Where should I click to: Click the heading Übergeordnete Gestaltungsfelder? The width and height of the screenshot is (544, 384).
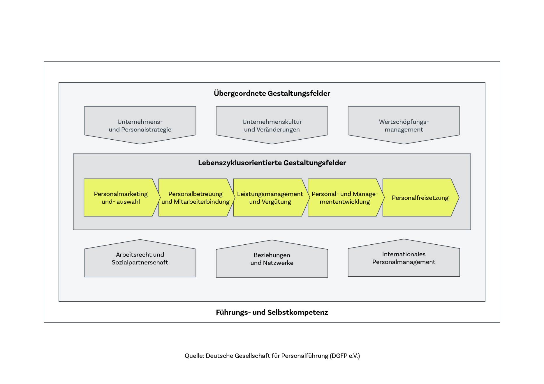(x=272, y=93)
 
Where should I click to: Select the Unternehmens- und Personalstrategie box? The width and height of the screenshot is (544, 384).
(x=140, y=125)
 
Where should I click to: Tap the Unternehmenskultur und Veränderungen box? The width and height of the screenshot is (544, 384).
(x=272, y=125)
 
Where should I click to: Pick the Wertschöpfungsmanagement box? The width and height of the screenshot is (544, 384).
(x=404, y=125)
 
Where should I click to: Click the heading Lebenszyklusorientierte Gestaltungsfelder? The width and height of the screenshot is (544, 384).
(x=272, y=163)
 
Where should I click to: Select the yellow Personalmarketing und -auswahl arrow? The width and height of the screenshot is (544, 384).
(x=121, y=198)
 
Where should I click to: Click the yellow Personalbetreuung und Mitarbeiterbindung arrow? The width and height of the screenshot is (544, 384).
(x=195, y=198)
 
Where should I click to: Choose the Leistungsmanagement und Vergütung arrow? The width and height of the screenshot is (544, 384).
(x=270, y=198)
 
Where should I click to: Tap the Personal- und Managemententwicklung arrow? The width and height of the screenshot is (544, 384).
(x=344, y=198)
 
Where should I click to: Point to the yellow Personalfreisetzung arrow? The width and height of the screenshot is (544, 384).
(x=420, y=198)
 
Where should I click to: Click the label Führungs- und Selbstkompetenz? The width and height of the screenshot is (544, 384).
(x=272, y=312)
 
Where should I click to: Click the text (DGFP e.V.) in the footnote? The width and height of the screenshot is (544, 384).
(x=345, y=356)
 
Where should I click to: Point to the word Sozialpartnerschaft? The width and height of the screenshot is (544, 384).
(x=140, y=262)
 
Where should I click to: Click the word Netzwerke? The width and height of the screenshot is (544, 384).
(x=278, y=263)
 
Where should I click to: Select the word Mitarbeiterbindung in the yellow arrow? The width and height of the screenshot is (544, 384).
(x=202, y=202)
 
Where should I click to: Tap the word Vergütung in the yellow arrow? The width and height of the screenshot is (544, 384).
(x=277, y=202)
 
